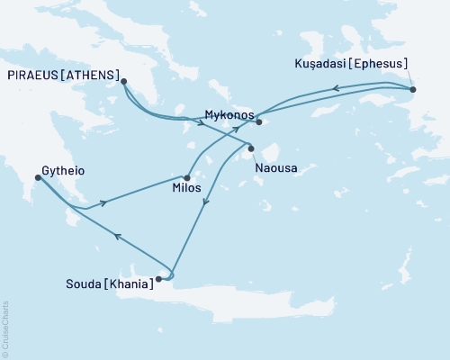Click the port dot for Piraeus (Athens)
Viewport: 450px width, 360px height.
(x=122, y=81)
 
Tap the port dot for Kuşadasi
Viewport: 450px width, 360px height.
(x=412, y=90)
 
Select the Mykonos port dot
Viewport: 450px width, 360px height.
(x=257, y=121)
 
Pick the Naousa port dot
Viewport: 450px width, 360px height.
(x=251, y=148)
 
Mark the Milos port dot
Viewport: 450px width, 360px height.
(x=186, y=177)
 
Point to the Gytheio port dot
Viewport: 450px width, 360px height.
(x=37, y=177)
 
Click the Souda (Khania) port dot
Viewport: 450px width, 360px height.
(x=158, y=279)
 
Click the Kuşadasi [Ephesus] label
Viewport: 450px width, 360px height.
(x=352, y=64)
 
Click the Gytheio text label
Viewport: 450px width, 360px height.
(x=62, y=168)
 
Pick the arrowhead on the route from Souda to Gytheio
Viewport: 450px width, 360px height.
(x=116, y=236)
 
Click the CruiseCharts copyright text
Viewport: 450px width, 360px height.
(x=5, y=328)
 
